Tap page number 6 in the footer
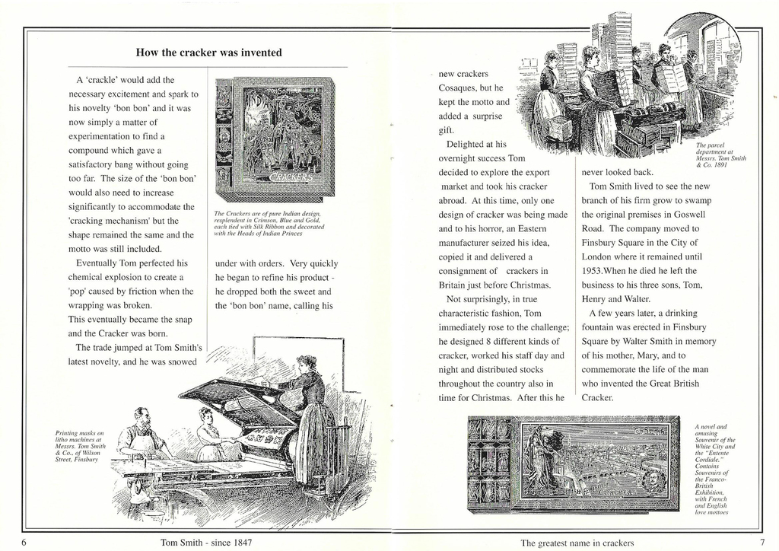24,543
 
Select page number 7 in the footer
762,543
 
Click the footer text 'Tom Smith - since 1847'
206,543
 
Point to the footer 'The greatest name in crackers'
577,543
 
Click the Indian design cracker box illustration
275,139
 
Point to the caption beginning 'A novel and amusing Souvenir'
713,469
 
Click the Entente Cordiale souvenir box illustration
574,463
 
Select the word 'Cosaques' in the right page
459,88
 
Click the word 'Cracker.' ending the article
597,397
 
